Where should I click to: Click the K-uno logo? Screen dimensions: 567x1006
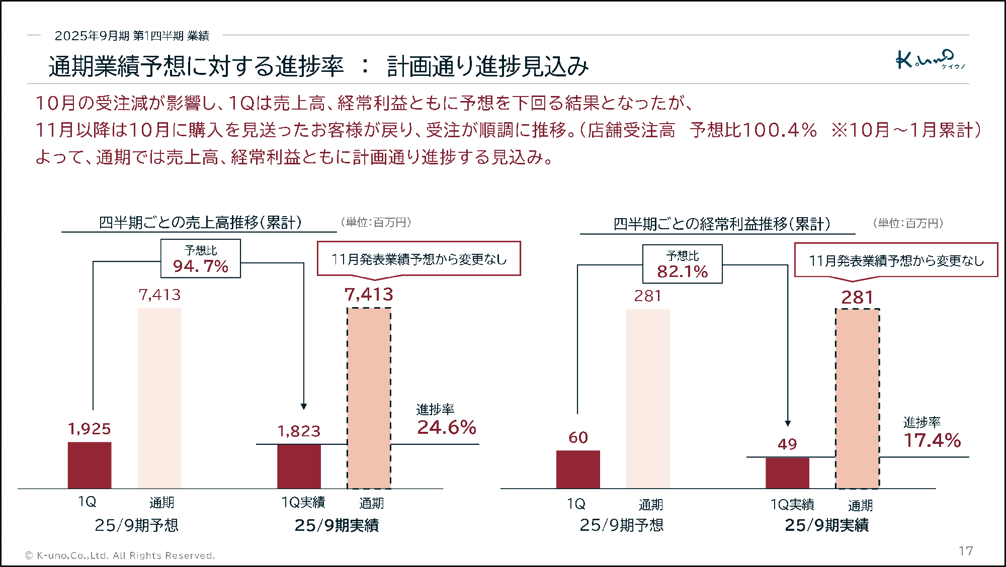point(930,60)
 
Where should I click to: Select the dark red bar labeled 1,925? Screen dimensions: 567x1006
point(90,465)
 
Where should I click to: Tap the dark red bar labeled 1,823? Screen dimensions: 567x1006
point(299,466)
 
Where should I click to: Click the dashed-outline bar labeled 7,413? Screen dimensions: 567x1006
point(369,398)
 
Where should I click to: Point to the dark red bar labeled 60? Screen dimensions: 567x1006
point(578,469)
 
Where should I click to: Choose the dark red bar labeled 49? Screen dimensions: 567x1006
point(787,472)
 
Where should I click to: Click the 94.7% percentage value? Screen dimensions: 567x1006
point(201,266)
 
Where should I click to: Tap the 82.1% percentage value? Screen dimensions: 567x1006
point(682,271)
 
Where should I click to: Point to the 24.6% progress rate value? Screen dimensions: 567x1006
point(447,427)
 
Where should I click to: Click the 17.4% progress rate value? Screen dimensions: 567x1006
point(932,440)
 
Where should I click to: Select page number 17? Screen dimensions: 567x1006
point(965,551)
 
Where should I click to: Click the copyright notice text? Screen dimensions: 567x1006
point(120,555)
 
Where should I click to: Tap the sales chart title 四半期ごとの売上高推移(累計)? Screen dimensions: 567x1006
point(200,222)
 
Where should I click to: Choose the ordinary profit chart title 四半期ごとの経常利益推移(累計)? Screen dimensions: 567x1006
point(721,224)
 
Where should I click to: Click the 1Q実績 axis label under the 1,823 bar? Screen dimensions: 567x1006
point(303,502)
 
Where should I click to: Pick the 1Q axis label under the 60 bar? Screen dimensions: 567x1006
point(576,504)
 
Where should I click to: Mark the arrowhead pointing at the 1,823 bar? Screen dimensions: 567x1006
point(304,406)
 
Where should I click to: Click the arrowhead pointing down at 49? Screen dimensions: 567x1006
point(788,423)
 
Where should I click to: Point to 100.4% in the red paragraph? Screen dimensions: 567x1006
point(779,130)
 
